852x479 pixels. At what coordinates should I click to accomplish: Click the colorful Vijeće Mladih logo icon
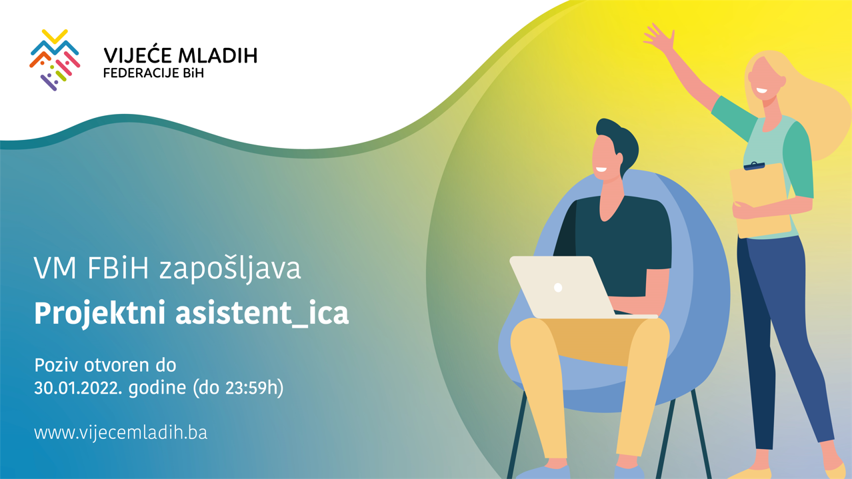coord(55,60)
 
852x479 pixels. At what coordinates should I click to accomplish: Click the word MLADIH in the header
coord(218,56)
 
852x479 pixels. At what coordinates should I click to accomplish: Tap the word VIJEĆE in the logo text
coord(138,55)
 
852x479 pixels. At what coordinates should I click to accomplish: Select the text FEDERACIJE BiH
coord(153,73)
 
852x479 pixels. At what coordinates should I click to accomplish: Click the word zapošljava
coord(230,269)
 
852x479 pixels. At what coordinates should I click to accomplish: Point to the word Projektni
coord(99,314)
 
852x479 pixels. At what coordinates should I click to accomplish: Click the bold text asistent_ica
coord(262,313)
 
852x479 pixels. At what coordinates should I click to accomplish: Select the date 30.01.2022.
coord(78,388)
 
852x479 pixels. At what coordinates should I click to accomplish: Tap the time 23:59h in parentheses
coord(252,388)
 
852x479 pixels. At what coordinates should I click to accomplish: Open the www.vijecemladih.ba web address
coord(121,432)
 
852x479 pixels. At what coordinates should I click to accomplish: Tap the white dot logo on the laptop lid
coord(558,287)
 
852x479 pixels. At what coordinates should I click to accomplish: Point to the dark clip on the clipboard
coord(754,166)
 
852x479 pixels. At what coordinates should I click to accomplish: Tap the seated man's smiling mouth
coord(601,170)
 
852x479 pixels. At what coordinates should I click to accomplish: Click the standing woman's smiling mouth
coord(761,91)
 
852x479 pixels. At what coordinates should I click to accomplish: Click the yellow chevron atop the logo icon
coord(55,36)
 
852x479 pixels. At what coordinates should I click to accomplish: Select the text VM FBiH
coord(91,268)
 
